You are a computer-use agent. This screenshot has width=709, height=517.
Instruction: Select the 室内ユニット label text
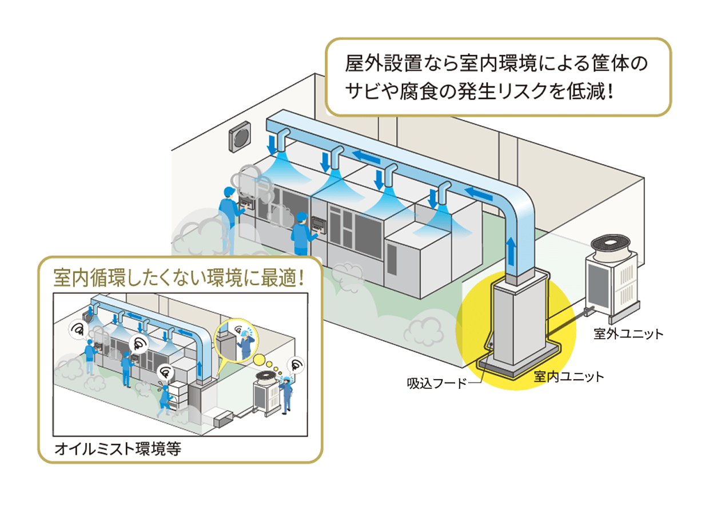pyautogui.click(x=568, y=376)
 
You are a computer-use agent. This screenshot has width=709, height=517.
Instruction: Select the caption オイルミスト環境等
pyautogui.click(x=118, y=449)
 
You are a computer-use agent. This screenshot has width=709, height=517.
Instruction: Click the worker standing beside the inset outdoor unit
pyautogui.click(x=286, y=393)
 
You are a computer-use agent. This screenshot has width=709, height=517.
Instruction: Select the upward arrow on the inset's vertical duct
pyautogui.click(x=200, y=372)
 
